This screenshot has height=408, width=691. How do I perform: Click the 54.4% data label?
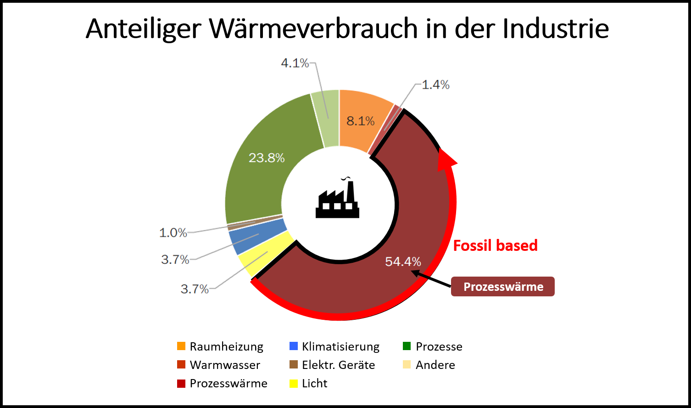coord(403,261)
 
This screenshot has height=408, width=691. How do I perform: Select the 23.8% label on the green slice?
coord(267,158)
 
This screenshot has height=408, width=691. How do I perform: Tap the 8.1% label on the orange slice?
coord(360,121)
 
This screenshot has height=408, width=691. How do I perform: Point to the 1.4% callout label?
coord(435,85)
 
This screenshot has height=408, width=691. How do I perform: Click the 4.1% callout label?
coord(295,63)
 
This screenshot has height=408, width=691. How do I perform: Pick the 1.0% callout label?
coord(173,232)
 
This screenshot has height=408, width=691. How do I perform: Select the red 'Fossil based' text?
coord(495,245)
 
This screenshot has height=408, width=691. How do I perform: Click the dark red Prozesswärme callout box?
coord(503,287)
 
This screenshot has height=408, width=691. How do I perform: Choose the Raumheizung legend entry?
coord(220,346)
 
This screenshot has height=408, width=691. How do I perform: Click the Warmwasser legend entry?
coord(219,365)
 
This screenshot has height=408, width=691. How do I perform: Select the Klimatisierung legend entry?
coord(335,346)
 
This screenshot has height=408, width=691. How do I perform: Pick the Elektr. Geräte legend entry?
coord(333,365)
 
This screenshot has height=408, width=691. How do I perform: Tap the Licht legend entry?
coord(309,383)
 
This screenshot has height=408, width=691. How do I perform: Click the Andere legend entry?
coord(429,365)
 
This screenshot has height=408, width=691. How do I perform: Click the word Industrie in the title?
coord(556,28)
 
